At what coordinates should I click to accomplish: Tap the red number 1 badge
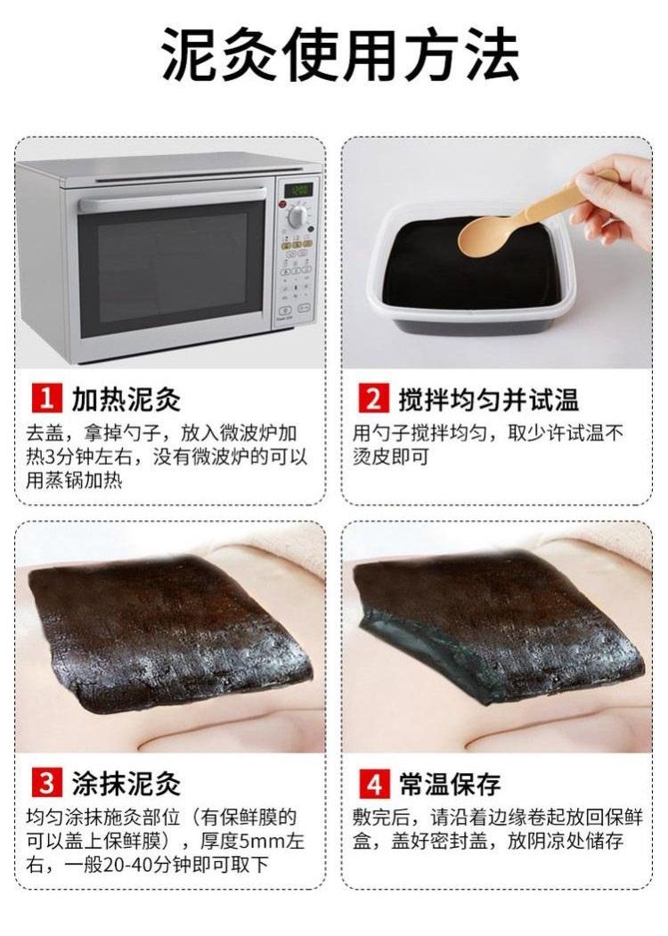[x=46, y=397]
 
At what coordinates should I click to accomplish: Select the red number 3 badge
[x=46, y=783]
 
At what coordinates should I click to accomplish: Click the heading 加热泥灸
[x=126, y=398]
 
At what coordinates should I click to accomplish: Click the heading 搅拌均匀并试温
[x=488, y=398]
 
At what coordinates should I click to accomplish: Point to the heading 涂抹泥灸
[x=126, y=783]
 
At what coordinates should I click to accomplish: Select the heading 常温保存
[x=450, y=783]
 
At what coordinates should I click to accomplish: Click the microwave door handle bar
[x=172, y=199]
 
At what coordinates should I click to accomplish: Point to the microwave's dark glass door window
[x=172, y=269]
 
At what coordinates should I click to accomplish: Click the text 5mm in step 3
[x=261, y=841]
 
